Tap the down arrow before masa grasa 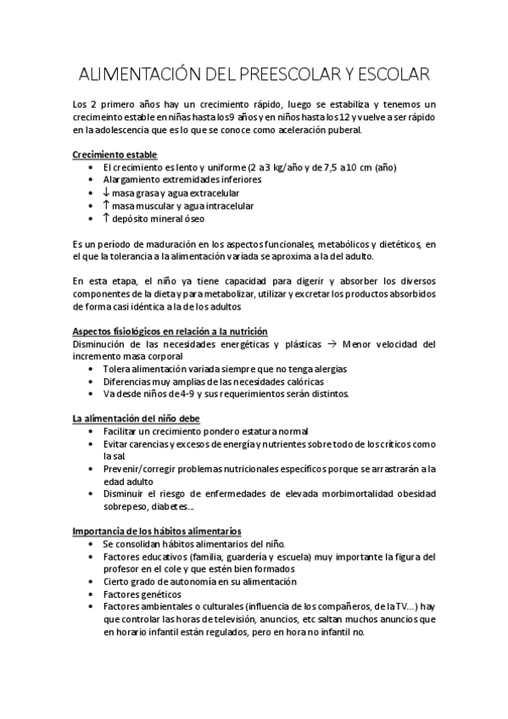click(x=105, y=192)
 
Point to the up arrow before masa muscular click(x=105, y=205)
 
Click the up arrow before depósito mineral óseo click(x=105, y=218)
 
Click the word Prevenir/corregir click(x=142, y=468)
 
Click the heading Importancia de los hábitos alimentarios click(x=157, y=530)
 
